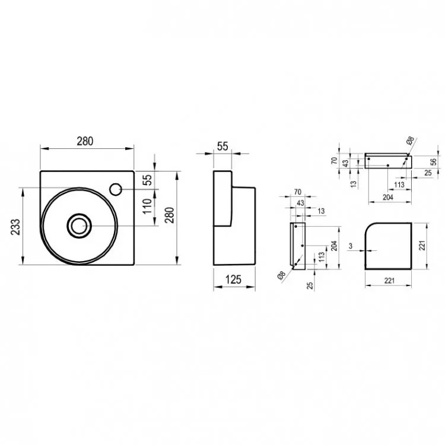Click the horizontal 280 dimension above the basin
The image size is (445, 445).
pos(85,141)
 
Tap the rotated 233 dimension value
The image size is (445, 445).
pos(16,227)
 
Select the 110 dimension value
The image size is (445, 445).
pos(147,206)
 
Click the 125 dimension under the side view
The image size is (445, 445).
pos(233,279)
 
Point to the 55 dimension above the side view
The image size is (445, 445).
pos(223,147)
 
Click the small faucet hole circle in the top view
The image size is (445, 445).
pos(116,189)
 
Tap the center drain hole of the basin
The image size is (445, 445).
pos(79,226)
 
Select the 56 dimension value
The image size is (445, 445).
pos(433,162)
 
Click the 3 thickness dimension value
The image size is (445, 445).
pos(351,246)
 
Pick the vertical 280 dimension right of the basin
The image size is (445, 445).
pos(170,215)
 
